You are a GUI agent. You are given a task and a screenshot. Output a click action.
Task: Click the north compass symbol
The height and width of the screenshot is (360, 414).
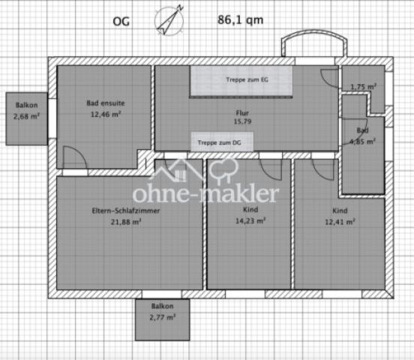(169, 20)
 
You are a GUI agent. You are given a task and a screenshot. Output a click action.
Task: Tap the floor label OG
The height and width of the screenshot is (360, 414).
(121, 22)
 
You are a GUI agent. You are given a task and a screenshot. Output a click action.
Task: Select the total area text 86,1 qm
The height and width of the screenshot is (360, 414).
(240, 20)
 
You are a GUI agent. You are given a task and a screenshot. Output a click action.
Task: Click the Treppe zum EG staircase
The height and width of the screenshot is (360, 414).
(241, 81)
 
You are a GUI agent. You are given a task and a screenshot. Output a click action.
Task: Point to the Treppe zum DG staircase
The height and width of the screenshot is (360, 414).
(222, 142)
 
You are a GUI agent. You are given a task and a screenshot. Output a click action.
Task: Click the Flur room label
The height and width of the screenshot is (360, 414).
(242, 113)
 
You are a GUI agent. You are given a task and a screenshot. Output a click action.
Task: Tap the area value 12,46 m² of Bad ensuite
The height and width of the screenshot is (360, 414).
(106, 114)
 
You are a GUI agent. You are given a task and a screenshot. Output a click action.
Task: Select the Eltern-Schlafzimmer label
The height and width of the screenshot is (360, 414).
(126, 211)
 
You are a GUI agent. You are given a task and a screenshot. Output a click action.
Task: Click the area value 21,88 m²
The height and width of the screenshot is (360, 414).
(126, 222)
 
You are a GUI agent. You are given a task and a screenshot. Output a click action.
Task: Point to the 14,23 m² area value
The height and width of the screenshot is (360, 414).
(250, 220)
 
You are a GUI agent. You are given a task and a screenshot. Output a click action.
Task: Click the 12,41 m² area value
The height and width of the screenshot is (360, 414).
(340, 222)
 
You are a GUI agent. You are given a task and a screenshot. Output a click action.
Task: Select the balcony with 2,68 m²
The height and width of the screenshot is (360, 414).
(27, 118)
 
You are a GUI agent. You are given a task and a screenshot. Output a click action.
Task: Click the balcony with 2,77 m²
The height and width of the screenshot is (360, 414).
(163, 319)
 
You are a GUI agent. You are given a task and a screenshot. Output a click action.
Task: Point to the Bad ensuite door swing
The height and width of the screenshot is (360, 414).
(75, 157)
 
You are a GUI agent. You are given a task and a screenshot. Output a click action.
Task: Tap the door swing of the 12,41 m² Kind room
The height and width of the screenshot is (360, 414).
(323, 169)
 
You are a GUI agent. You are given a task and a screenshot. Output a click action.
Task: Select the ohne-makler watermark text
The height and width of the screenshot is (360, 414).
(205, 194)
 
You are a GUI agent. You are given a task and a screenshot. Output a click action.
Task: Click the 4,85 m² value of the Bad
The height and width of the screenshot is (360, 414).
(362, 142)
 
